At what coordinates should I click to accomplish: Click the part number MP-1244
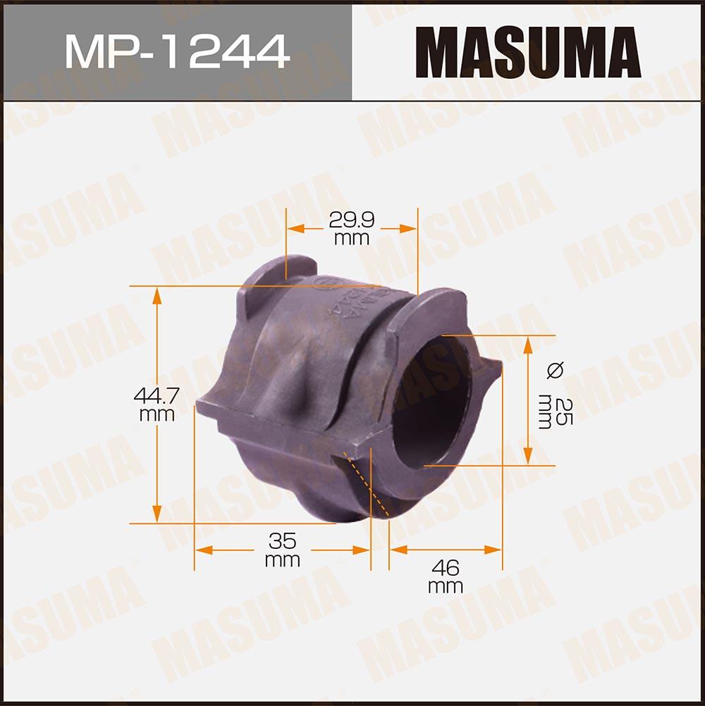[177, 51]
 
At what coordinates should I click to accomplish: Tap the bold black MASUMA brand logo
[528, 51]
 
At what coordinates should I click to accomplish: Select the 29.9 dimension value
[352, 220]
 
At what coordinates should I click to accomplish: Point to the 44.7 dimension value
[157, 396]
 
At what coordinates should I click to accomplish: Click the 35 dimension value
[283, 540]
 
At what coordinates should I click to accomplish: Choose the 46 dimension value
[445, 568]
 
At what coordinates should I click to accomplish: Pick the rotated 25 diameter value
[563, 411]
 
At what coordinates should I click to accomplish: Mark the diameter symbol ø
[555, 371]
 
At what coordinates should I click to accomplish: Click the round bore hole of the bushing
[431, 401]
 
